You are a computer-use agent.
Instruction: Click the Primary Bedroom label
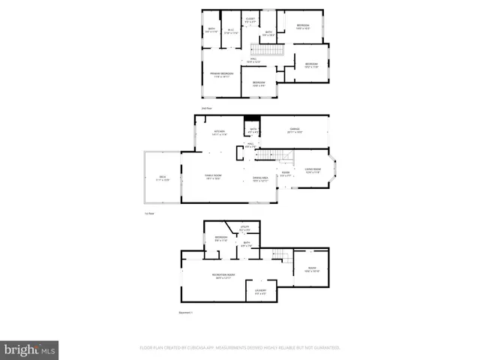223,73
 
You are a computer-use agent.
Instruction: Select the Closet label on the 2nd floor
250,19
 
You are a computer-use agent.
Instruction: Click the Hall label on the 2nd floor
254,60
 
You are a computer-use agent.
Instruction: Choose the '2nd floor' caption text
206,109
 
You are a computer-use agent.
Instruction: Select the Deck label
163,179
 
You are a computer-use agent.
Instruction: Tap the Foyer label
286,174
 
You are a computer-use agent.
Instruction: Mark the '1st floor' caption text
149,214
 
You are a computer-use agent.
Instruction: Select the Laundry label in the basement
261,292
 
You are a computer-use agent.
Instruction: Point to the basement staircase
278,254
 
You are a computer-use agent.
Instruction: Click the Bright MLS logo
31,349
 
